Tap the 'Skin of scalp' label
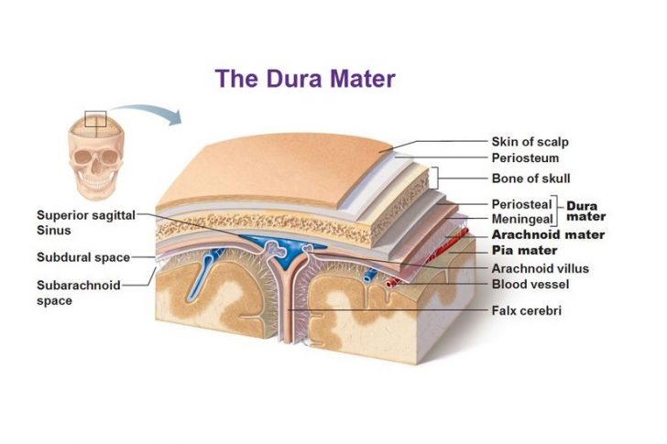pyautogui.click(x=530, y=142)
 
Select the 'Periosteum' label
pyautogui.click(x=525, y=157)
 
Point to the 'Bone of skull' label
pyautogui.click(x=530, y=179)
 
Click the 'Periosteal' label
pyautogui.click(x=520, y=204)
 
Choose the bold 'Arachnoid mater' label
pyautogui.click(x=548, y=234)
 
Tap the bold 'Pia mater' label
pyautogui.click(x=525, y=250)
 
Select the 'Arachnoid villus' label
pyautogui.click(x=540, y=268)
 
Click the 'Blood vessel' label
pyautogui.click(x=530, y=284)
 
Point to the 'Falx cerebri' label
pyautogui.click(x=527, y=311)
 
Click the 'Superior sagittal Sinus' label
pyautogui.click(x=85, y=222)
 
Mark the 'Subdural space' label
pyautogui.click(x=82, y=257)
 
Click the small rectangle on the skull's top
pyautogui.click(x=95, y=119)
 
